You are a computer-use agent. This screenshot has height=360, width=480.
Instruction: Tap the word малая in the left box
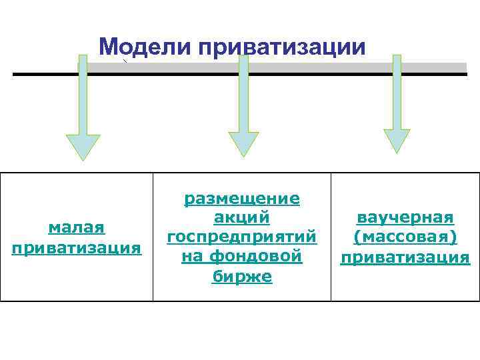click(77, 228)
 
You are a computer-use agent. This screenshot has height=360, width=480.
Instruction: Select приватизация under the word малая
click(77, 248)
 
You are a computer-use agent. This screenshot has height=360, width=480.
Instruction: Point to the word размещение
click(242, 198)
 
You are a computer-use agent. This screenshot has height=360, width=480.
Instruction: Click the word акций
click(242, 217)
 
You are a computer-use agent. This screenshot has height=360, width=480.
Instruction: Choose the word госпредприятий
click(242, 237)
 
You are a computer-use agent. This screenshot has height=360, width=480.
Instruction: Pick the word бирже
click(242, 276)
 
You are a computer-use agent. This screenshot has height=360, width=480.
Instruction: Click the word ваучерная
click(405, 218)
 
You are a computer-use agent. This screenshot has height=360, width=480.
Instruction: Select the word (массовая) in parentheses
click(405, 237)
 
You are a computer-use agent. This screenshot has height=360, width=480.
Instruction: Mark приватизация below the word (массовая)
click(405, 257)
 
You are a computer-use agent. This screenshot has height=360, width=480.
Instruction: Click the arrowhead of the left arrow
click(83, 145)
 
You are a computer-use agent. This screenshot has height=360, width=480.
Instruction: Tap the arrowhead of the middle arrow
click(243, 143)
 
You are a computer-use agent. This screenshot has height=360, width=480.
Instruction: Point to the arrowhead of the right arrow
click(397, 139)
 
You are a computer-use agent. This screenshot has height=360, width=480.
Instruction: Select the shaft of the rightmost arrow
click(397, 93)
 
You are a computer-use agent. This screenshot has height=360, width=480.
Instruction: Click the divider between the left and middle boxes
click(153, 237)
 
